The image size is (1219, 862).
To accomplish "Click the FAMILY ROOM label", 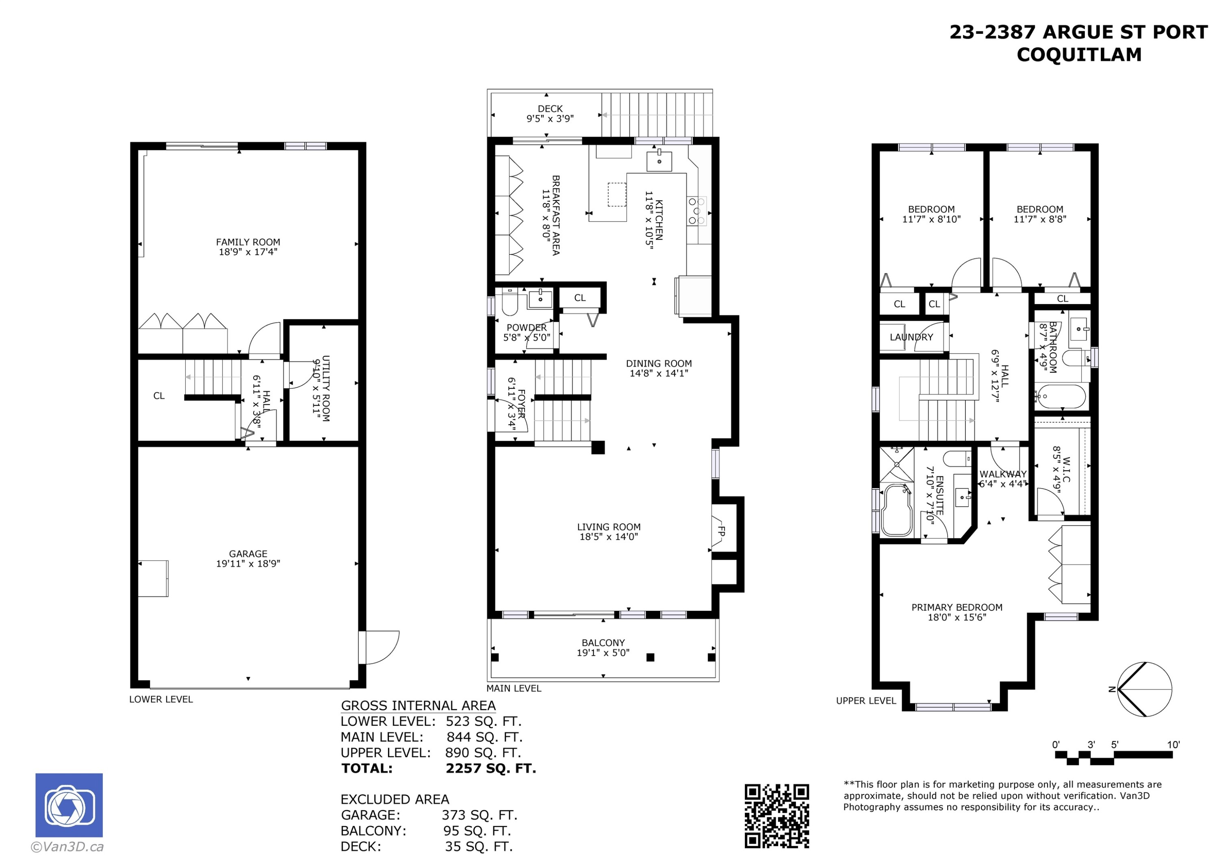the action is point(248,242).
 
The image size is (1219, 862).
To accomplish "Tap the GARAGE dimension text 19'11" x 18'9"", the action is point(248,564).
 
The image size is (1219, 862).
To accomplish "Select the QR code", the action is point(777,816).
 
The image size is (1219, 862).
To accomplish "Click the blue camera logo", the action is point(69,805).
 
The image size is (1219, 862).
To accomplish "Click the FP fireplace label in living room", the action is point(722,531).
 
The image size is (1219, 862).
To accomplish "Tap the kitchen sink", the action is point(659,161).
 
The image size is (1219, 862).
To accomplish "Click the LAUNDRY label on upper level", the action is point(911,337).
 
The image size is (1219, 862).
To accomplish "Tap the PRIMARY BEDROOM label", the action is point(957,608).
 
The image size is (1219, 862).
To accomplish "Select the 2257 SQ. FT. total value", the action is point(491,769).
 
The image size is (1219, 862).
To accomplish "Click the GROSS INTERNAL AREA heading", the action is point(419,706).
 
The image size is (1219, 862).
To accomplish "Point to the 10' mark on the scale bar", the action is point(1173,745).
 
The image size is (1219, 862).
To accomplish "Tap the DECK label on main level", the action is point(550,109).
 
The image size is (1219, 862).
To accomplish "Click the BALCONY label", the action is point(603,643).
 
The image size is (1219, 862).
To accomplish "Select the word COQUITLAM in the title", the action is point(1079,55).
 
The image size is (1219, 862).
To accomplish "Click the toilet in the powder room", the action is point(510,303).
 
